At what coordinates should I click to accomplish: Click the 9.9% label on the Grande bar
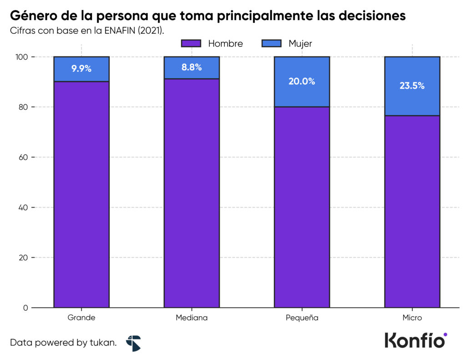pos(81,69)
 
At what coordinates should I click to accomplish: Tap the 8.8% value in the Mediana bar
pos(192,67)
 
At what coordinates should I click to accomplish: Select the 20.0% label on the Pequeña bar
pos(302,81)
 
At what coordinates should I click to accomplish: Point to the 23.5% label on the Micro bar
pos(412,86)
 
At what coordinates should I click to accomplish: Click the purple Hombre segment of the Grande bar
pos(81,196)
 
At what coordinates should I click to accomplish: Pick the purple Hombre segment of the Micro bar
pos(412,212)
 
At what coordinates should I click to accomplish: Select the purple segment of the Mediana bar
pos(192,193)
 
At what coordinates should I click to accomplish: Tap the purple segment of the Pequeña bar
pos(302,207)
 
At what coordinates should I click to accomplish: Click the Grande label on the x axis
pos(81,318)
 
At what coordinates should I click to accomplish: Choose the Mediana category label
pos(192,318)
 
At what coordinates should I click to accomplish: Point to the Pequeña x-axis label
pos(302,318)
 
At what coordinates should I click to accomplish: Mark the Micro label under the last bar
pos(412,318)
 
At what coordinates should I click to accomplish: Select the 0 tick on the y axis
pos(25,308)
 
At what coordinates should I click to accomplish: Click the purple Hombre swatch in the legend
pos(191,44)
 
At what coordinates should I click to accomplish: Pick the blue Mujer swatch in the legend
pos(272,44)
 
